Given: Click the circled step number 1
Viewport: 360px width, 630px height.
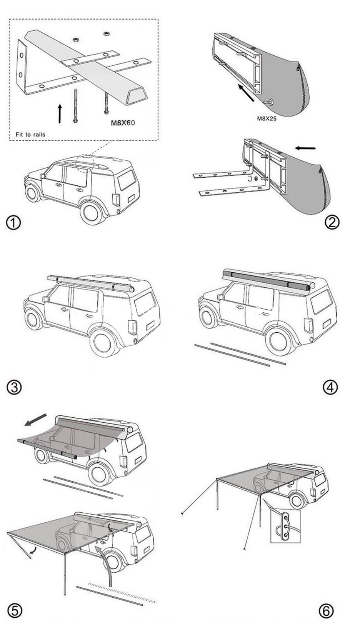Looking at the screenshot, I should [13, 223].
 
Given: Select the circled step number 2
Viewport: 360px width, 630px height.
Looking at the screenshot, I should [332, 222].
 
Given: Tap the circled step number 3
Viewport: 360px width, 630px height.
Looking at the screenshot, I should [14, 387].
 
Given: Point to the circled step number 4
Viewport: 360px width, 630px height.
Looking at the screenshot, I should [330, 387].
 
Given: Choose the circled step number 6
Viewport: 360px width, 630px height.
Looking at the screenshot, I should [326, 611].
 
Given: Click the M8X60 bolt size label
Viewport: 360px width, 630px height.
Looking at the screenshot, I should [123, 123].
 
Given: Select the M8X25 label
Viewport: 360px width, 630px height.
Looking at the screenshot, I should [267, 118].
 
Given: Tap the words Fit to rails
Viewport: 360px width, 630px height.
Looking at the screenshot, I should [30, 134].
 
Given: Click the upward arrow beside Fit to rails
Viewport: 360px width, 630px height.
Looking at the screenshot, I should [60, 113].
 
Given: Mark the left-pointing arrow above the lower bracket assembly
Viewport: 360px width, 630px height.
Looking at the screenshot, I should [305, 148].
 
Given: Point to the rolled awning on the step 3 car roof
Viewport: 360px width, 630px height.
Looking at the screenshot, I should [90, 283].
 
